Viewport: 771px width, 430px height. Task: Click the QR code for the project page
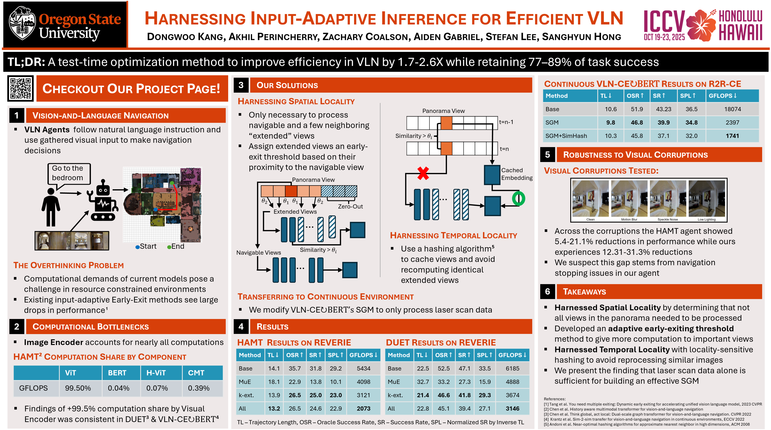(x=20, y=89)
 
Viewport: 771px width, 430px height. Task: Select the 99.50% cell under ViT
(x=78, y=388)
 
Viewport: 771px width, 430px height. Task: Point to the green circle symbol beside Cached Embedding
(x=518, y=199)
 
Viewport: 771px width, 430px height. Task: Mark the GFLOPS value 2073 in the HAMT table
(x=363, y=408)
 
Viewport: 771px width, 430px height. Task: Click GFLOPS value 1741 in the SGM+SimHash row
(x=732, y=136)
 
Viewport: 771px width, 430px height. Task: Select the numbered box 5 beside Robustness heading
(x=547, y=155)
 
